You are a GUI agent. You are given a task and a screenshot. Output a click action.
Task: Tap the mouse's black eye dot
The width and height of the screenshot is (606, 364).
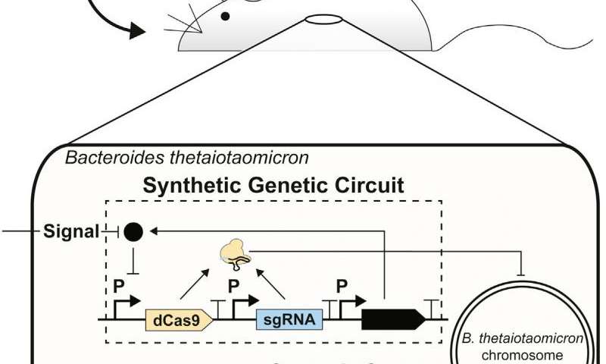point(225,14)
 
